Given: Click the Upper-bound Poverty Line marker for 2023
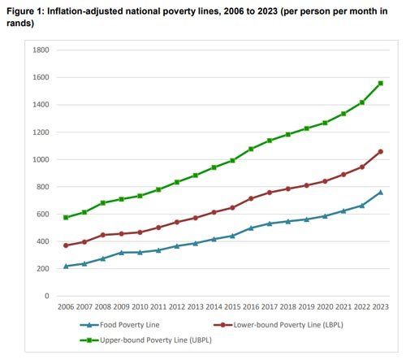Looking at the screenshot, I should [x=380, y=84].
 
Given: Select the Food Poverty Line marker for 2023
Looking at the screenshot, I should [x=380, y=193].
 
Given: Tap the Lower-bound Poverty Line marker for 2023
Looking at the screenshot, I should [x=380, y=152].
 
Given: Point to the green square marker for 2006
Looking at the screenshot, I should [x=66, y=217].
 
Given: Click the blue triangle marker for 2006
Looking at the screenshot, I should [x=66, y=266].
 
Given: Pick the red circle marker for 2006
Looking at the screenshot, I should [x=66, y=245].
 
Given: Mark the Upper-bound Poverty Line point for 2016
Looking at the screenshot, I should [x=251, y=149].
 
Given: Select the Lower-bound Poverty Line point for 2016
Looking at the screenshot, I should [x=251, y=198].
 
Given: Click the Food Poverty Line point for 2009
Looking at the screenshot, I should [x=121, y=253].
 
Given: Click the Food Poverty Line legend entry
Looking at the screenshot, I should [x=114, y=324].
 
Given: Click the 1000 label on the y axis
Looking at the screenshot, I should [x=41, y=160].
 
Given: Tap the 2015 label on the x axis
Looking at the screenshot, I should [x=232, y=307].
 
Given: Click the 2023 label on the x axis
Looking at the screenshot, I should [x=380, y=307].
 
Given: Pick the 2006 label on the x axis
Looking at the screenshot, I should [x=66, y=307].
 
